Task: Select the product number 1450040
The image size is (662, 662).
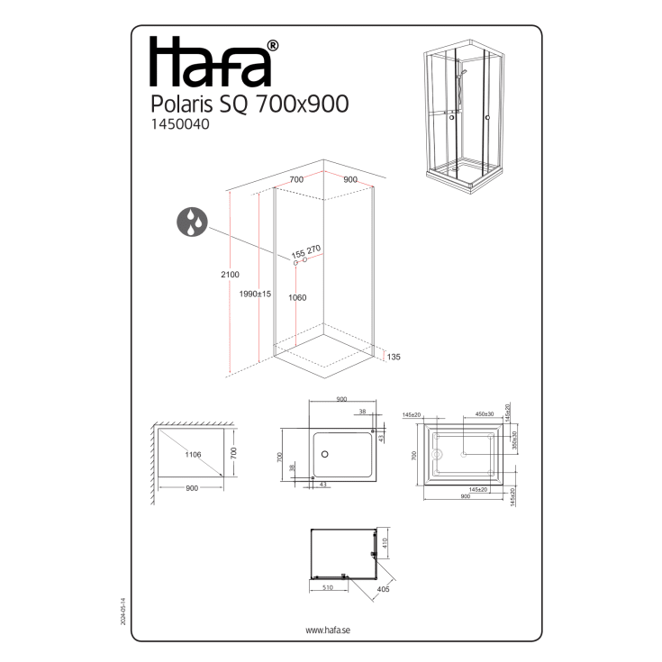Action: point(177,126)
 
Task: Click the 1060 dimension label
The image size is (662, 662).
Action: point(298,297)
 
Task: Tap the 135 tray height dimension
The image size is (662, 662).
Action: point(393,358)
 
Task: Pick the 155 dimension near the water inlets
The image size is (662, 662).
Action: point(298,252)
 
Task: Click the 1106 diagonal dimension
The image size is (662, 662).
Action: point(194,455)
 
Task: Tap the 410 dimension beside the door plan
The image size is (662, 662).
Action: point(383,544)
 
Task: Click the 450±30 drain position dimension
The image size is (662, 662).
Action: point(483,414)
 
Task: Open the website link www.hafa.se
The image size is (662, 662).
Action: point(328,630)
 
